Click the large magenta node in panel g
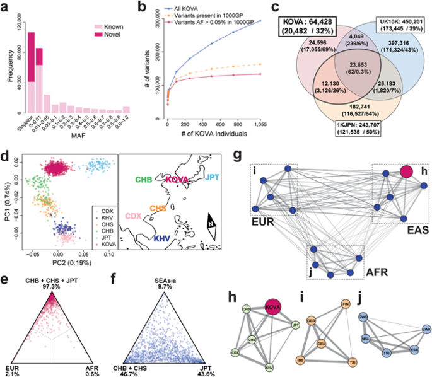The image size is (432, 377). coord(406,171)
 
